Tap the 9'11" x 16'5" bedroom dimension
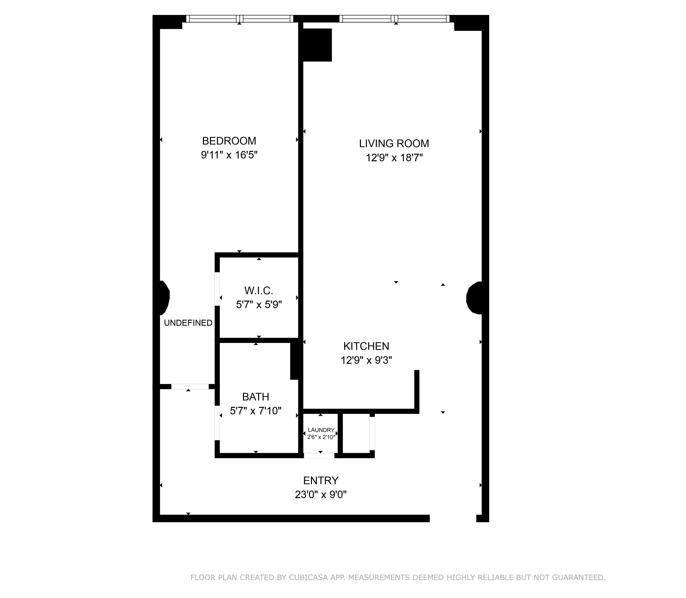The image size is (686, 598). [x=229, y=155]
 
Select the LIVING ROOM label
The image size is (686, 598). [x=394, y=144]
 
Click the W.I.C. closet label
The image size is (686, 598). [x=259, y=291]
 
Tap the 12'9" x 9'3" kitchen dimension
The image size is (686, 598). [x=366, y=360]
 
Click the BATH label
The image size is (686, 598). [x=256, y=397]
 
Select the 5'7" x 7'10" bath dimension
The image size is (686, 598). [x=256, y=411]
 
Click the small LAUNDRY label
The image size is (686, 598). [x=321, y=430]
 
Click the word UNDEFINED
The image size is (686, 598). [x=188, y=323]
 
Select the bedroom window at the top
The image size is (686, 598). [x=239, y=19]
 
